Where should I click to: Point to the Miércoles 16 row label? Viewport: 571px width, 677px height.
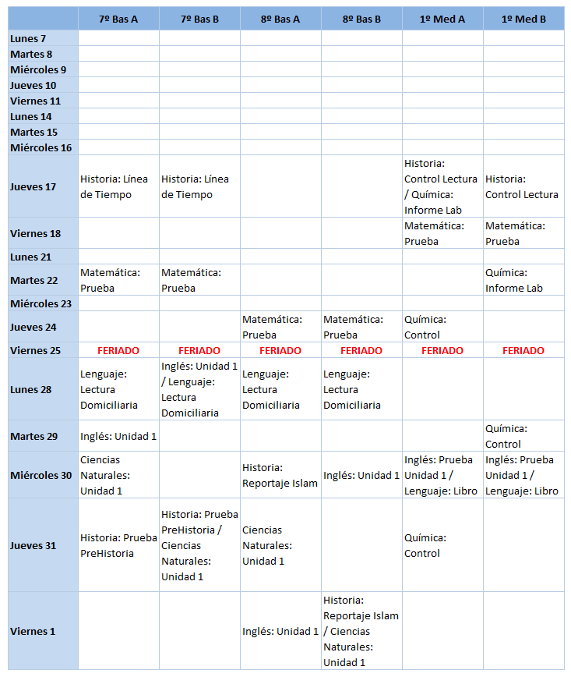tap(41, 147)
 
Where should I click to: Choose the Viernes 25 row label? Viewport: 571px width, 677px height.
tap(35, 350)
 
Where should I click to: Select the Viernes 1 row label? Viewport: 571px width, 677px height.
tap(33, 631)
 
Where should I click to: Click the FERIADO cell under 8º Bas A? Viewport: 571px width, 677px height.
tap(280, 350)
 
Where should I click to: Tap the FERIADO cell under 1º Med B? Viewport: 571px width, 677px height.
tap(523, 350)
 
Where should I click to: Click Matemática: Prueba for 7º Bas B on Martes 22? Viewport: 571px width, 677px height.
tap(191, 280)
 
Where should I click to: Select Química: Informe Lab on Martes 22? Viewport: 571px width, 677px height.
tap(514, 280)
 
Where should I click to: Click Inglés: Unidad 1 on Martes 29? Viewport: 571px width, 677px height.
tap(118, 436)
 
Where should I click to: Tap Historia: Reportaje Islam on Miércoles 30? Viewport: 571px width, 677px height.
tap(280, 475)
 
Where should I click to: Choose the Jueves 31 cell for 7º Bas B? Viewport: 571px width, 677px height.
tap(199, 545)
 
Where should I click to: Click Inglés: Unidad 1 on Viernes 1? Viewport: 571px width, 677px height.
tap(280, 631)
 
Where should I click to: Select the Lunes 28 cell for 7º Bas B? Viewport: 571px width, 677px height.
tap(199, 389)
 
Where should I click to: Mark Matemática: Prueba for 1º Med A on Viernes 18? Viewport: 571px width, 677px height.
tap(434, 233)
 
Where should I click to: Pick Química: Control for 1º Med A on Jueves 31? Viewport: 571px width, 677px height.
tap(425, 545)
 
